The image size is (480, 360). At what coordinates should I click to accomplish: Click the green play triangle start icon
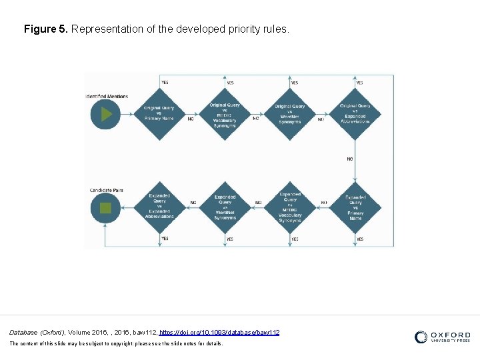[105, 114]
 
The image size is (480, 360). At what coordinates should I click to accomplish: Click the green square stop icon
[105, 207]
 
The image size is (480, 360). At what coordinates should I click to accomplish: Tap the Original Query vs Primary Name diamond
[159, 113]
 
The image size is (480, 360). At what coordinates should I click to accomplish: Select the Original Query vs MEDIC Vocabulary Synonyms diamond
[225, 114]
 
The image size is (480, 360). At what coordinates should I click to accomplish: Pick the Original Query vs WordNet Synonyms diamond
[290, 114]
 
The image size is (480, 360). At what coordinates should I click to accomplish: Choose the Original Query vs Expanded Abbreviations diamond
[355, 114]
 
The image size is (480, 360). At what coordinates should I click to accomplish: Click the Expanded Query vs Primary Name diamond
[355, 207]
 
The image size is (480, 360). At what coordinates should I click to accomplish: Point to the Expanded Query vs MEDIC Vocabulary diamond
[290, 207]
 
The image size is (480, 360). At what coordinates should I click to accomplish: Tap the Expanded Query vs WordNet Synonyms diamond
[225, 207]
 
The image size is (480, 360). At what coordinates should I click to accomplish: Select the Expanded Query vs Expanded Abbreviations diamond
[159, 207]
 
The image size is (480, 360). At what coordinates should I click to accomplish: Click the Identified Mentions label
[107, 96]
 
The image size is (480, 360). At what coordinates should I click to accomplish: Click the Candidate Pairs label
[107, 191]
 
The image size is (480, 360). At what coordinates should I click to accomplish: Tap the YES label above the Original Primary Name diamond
[165, 83]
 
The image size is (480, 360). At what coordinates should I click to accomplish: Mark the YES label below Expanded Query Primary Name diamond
[360, 239]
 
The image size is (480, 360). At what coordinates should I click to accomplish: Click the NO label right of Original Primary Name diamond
[191, 119]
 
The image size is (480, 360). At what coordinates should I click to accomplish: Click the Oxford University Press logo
[442, 337]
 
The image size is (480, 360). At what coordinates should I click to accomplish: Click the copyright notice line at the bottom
[116, 343]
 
